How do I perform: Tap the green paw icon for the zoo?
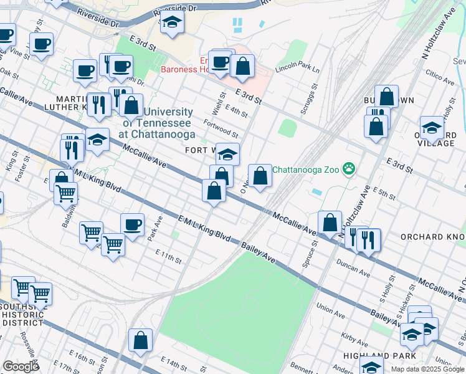[349, 168]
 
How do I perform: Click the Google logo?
[21, 367]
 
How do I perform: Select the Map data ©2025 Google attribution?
[427, 369]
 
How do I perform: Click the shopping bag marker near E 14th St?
[141, 340]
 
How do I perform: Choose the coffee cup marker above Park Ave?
[132, 224]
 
